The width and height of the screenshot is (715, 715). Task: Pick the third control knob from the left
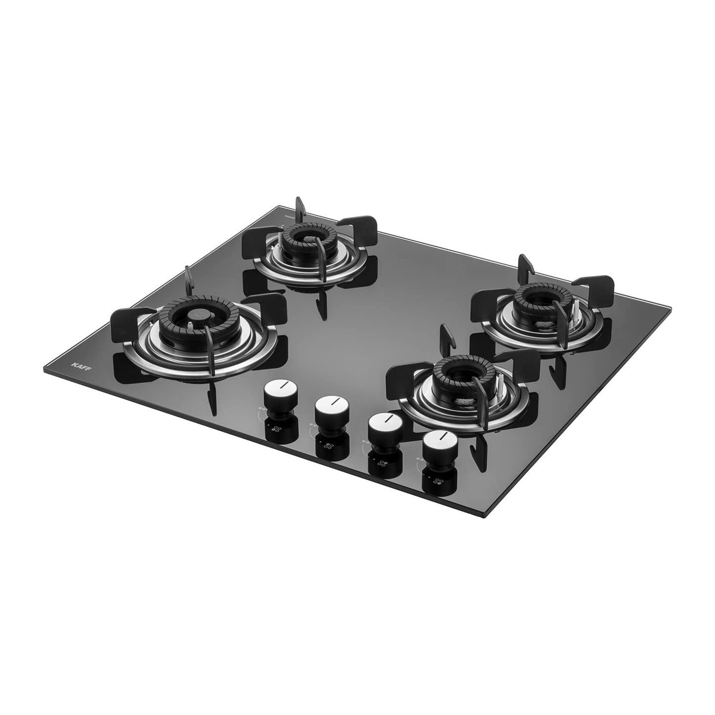(384, 425)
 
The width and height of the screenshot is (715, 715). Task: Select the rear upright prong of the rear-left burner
(299, 208)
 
